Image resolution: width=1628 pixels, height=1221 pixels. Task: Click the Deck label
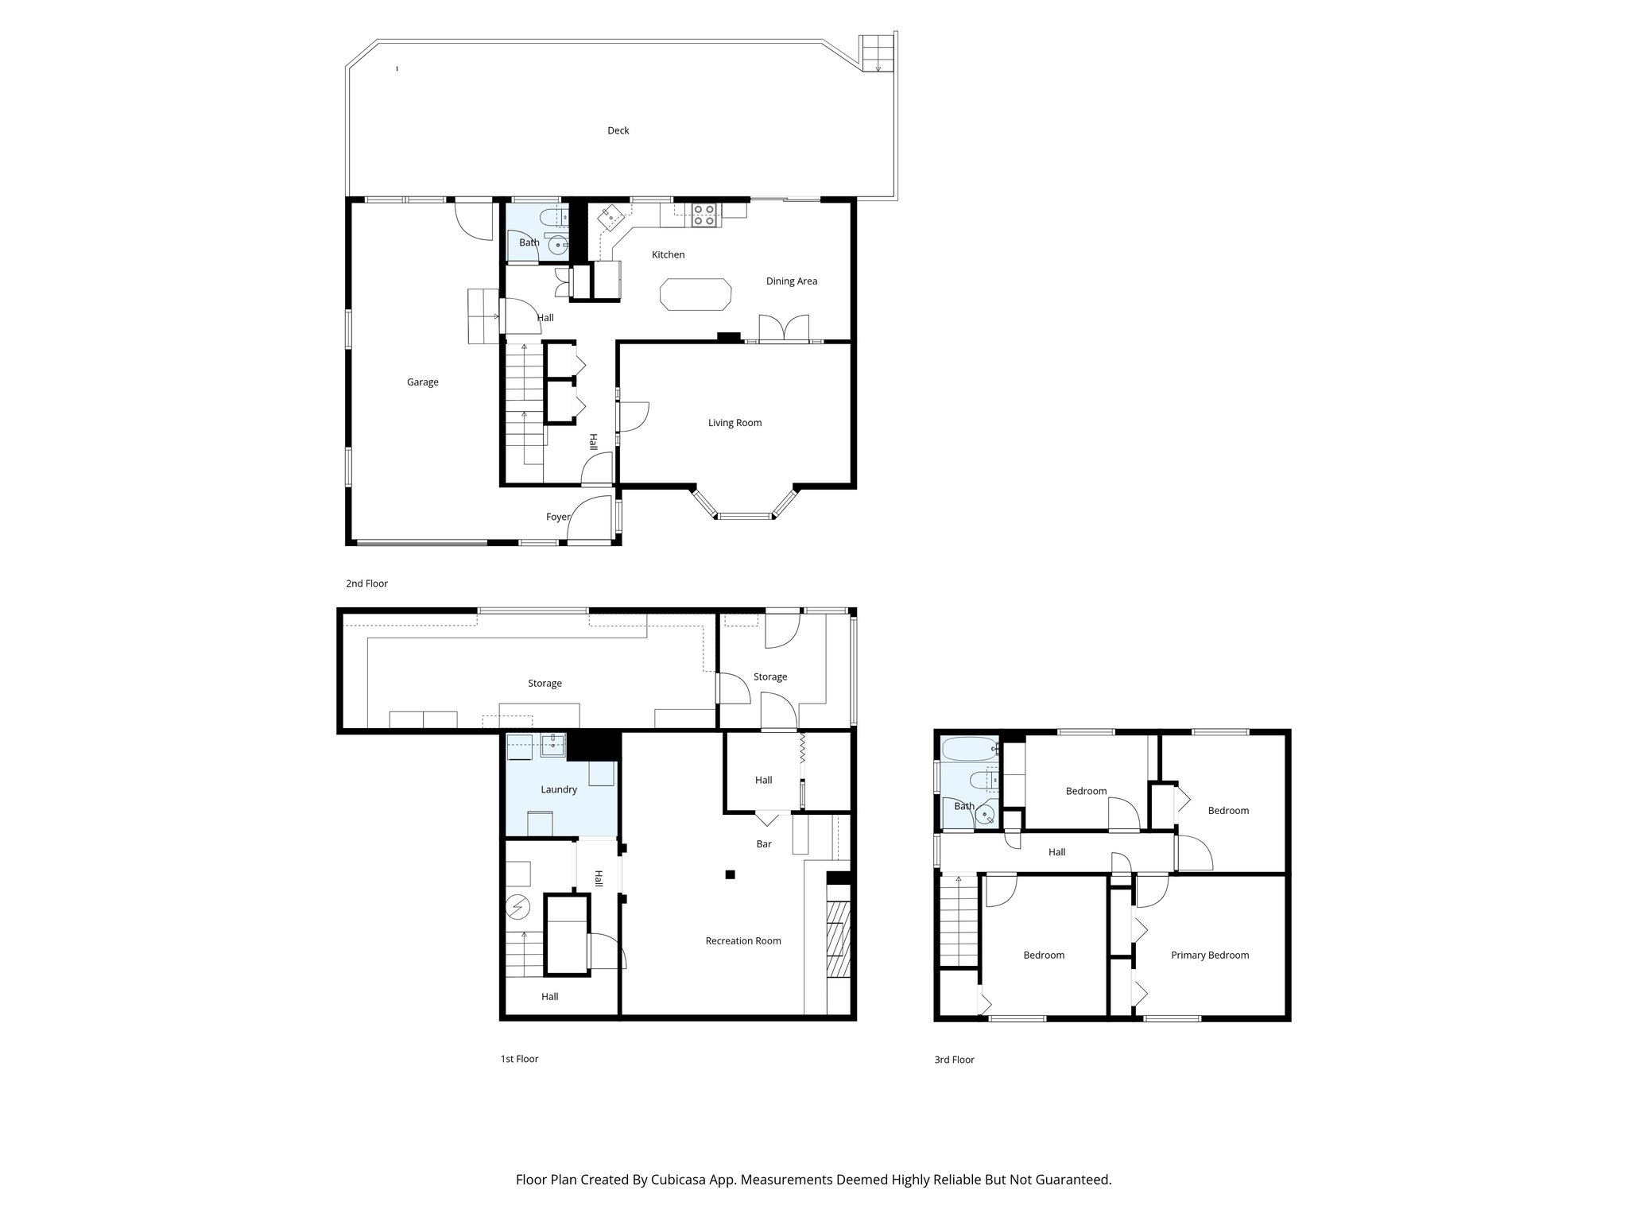(x=618, y=130)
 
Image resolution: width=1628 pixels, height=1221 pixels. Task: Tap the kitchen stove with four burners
(x=704, y=215)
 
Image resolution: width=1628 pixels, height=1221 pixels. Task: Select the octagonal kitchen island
(x=695, y=294)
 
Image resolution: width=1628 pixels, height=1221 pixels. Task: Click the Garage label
(x=422, y=382)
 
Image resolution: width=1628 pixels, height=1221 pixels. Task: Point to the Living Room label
(x=735, y=423)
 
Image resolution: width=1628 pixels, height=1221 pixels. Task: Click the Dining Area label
(x=791, y=281)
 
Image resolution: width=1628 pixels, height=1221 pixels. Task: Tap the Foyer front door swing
(x=589, y=520)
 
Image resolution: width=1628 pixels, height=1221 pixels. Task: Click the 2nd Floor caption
(x=366, y=583)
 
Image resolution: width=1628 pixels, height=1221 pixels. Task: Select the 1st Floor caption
(x=519, y=1059)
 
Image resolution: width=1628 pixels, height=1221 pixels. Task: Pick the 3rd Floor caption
(x=954, y=1060)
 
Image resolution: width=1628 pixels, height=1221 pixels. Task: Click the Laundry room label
(x=558, y=789)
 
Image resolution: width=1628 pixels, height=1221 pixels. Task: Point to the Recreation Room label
(x=742, y=941)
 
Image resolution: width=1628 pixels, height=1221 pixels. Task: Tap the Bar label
(x=763, y=844)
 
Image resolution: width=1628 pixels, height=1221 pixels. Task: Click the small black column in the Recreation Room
(x=730, y=875)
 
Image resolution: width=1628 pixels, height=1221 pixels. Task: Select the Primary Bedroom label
(x=1209, y=955)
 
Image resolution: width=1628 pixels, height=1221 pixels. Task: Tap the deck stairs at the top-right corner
(x=878, y=52)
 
